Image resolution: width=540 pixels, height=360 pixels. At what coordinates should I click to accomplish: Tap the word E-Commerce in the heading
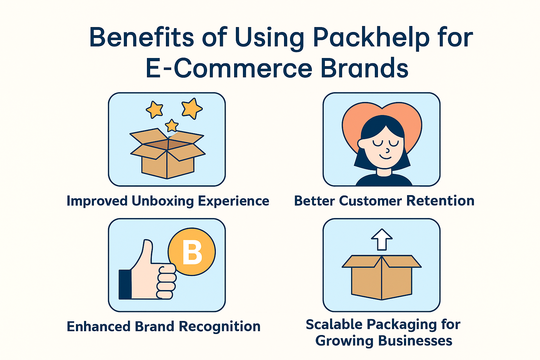(229, 68)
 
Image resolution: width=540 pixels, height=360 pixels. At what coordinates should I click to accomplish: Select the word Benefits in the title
(142, 37)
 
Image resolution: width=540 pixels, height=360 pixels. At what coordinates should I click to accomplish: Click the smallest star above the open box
(172, 126)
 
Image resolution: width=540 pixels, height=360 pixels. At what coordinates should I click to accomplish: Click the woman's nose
(387, 151)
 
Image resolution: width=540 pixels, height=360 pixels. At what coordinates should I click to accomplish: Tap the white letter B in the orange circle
(192, 252)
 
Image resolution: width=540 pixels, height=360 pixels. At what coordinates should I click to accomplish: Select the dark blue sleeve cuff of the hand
(125, 284)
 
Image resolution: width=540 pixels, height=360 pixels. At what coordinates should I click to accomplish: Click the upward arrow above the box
(381, 239)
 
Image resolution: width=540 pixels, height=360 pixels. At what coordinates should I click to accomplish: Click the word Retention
(440, 201)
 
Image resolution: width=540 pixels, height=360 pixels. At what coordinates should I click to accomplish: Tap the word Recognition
(219, 327)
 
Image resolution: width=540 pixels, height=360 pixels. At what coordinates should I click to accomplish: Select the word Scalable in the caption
(334, 324)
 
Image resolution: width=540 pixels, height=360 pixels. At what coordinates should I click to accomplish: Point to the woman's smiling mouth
(386, 157)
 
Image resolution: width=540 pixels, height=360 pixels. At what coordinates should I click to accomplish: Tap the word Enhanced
(99, 327)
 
